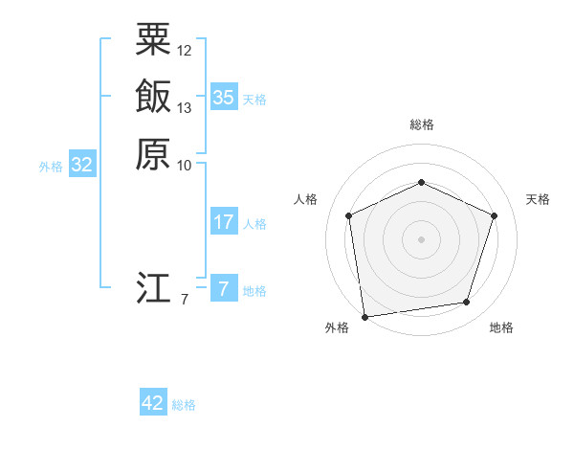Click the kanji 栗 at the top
point(153,40)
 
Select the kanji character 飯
point(153,97)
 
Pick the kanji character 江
point(153,287)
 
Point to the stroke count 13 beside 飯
point(185,107)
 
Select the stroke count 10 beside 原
point(185,165)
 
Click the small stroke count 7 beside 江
point(185,300)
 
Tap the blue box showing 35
point(224,97)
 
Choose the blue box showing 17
point(224,222)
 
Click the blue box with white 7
point(224,289)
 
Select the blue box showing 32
point(82,165)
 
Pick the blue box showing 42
point(153,403)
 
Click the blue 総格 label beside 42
point(184,405)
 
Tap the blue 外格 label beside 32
point(51,167)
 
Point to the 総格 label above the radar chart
point(421,125)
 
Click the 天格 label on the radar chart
point(538,199)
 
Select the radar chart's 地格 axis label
point(501,328)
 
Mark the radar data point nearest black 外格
point(364,315)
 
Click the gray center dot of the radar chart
point(421,238)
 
